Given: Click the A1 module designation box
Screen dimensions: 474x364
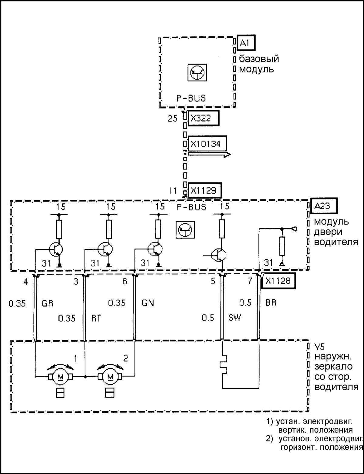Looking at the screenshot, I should pos(246,43).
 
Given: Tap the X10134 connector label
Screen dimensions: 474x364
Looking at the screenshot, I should pos(207,144).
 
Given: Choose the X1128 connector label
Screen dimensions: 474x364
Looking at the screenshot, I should pos(278,281).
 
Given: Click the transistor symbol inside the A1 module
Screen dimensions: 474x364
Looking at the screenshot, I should pos(197,72).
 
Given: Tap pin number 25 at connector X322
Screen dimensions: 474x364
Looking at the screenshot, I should pos(173,118).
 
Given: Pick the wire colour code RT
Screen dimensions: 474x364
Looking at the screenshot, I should pos(96,318).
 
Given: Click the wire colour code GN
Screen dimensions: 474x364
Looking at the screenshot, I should pos(148,303).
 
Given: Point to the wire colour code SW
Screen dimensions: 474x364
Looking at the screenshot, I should pos(234,318).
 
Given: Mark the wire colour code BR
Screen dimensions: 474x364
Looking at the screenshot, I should pos(271,303).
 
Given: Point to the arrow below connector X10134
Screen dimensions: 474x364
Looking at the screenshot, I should pos(209,155).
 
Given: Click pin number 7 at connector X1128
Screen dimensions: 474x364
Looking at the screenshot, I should pos(250,281).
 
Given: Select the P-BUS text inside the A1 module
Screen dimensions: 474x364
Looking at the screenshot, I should pos(191,98).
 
